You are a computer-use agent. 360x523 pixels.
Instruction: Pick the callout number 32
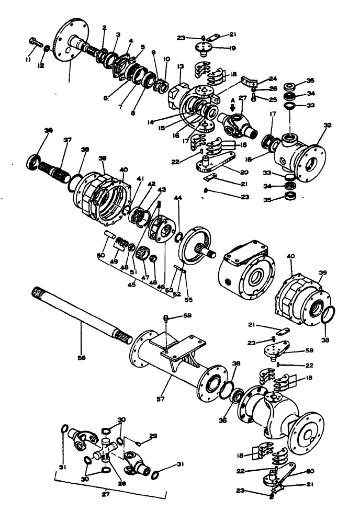coord(328,126)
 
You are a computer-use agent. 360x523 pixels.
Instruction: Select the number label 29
coord(153,436)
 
